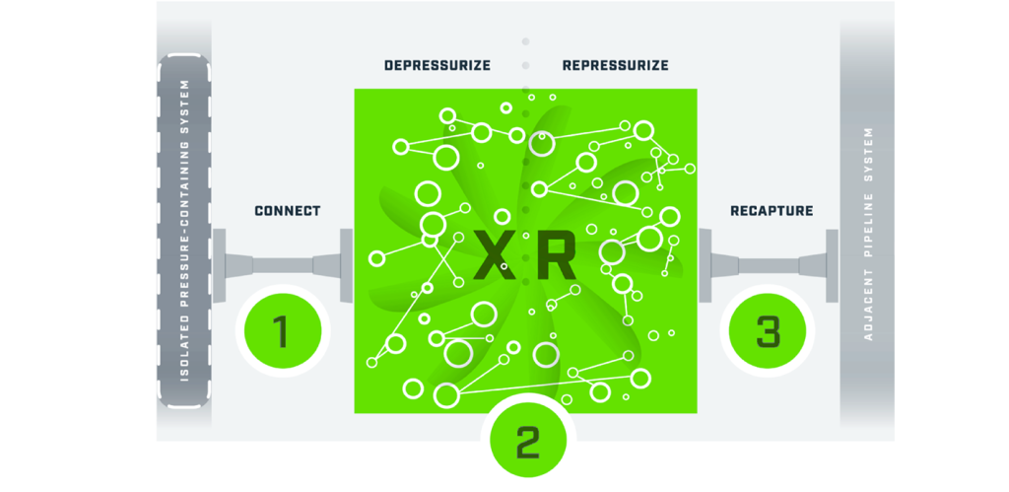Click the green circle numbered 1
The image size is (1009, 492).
click(281, 331)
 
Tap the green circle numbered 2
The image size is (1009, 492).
click(528, 442)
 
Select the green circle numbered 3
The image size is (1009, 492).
click(769, 331)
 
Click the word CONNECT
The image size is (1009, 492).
click(288, 211)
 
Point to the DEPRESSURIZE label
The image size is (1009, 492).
click(437, 66)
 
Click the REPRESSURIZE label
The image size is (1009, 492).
click(616, 66)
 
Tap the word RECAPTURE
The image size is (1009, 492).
click(772, 211)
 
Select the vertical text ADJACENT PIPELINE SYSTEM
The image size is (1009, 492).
click(868, 233)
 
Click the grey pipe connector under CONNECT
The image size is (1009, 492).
click(283, 265)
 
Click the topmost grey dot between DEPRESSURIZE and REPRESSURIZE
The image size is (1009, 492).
click(525, 41)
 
